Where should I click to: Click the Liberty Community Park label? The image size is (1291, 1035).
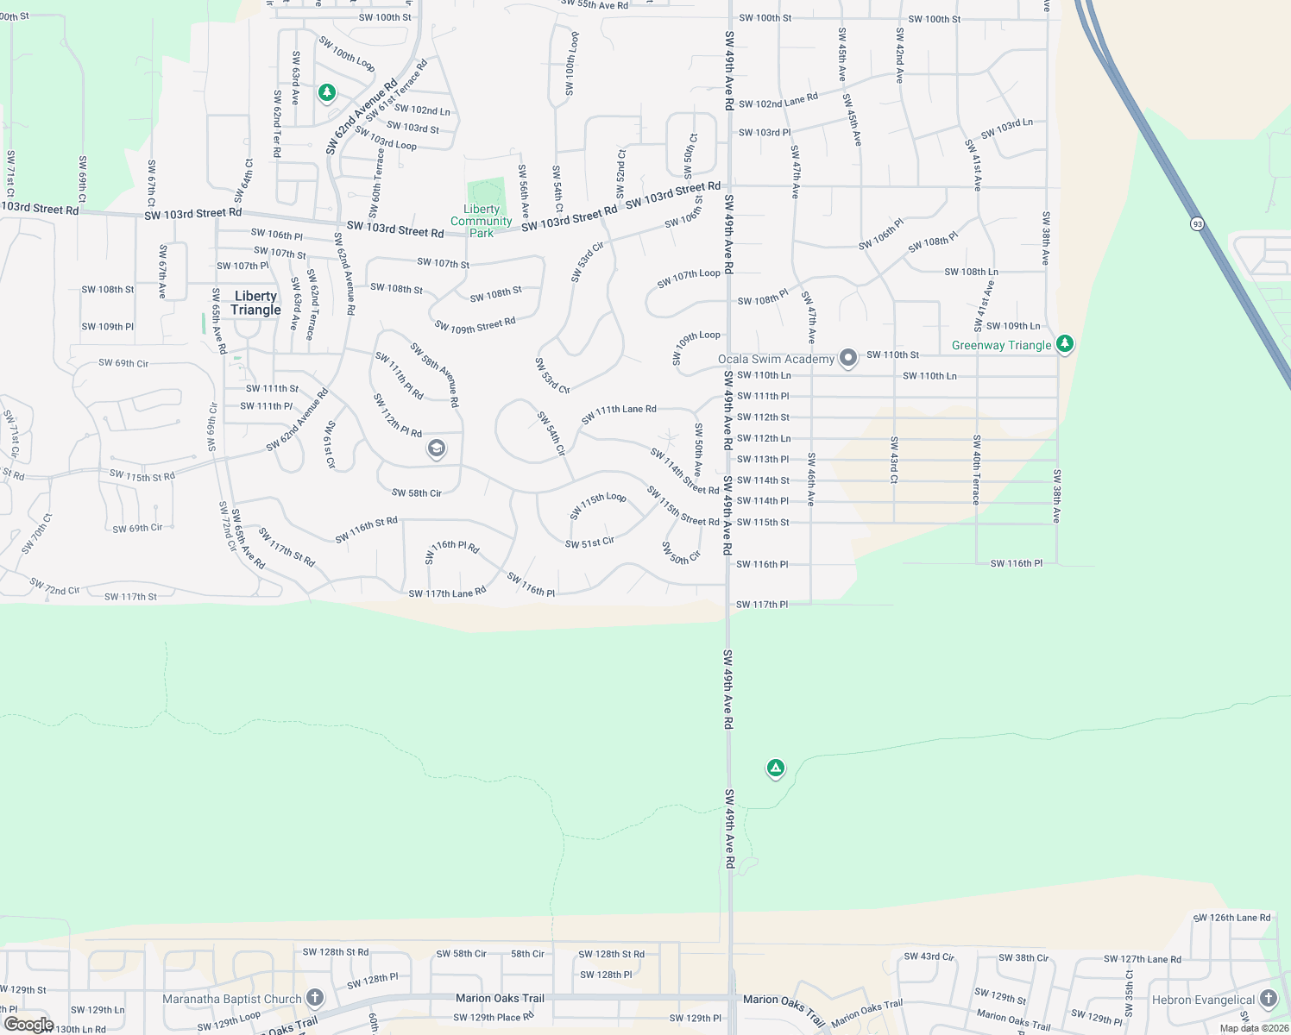pos(482,221)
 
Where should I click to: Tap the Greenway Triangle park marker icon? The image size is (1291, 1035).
pos(1065,344)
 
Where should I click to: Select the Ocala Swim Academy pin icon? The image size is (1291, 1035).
pos(848,358)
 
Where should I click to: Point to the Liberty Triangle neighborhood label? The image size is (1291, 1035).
pos(255,303)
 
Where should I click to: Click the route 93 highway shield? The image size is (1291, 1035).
pos(1197,224)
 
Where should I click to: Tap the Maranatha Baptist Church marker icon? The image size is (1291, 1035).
pos(315,998)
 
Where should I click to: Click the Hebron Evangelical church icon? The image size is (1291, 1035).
pos(1268,999)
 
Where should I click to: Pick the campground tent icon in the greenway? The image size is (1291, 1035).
pos(776,768)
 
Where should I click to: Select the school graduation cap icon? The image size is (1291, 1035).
pos(437,448)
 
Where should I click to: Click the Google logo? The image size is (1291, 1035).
pos(28,1025)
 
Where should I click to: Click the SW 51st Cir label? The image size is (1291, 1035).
pos(589,543)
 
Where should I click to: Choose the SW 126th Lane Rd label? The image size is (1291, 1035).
pos(1232,918)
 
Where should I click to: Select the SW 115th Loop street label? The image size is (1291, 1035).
pos(598,506)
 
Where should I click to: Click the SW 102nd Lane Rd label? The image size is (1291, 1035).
pos(778,102)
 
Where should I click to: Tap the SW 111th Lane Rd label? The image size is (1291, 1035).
pos(619,414)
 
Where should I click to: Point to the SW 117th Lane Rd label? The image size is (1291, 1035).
pos(447,593)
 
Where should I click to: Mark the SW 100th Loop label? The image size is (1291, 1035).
pos(346,53)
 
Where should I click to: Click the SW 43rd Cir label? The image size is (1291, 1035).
pos(929,957)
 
